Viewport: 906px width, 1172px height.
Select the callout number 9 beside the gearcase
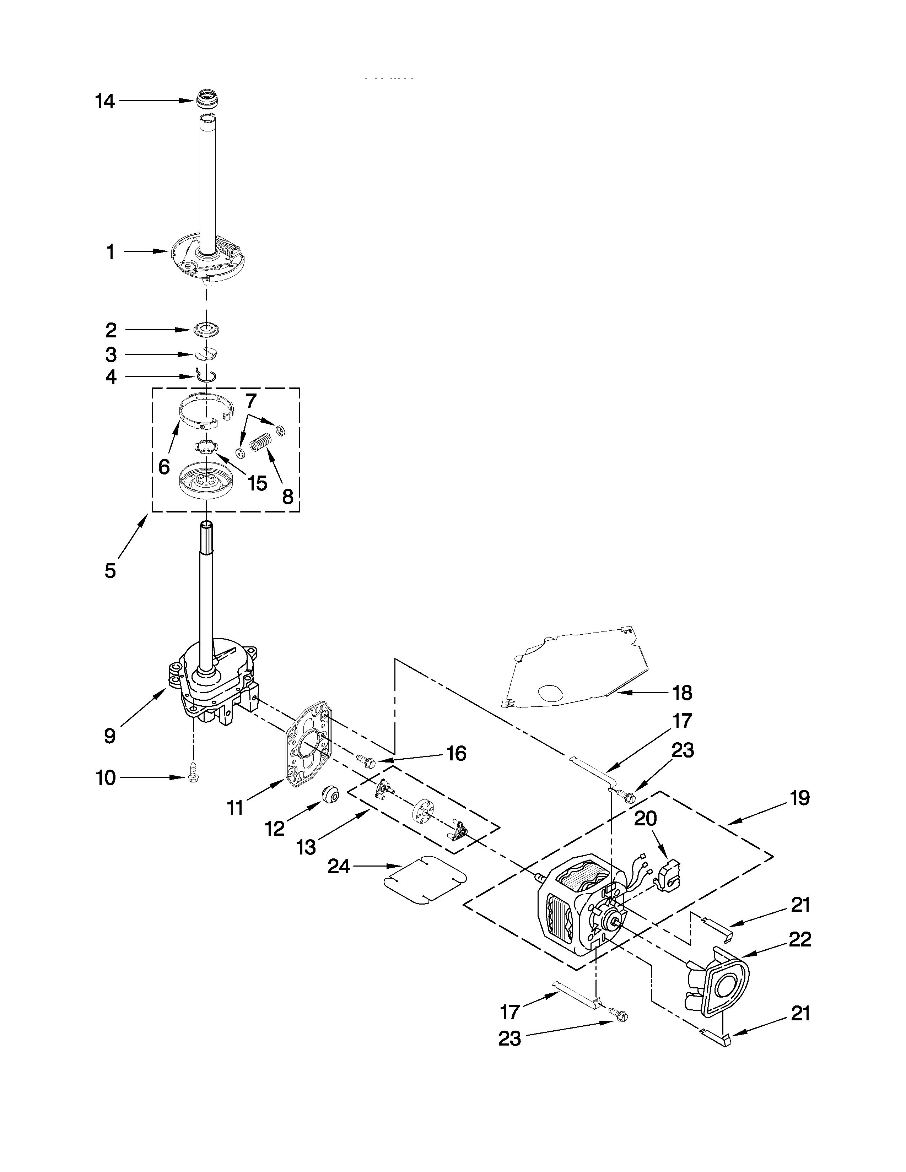110,736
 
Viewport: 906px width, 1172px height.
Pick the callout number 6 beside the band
164,466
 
